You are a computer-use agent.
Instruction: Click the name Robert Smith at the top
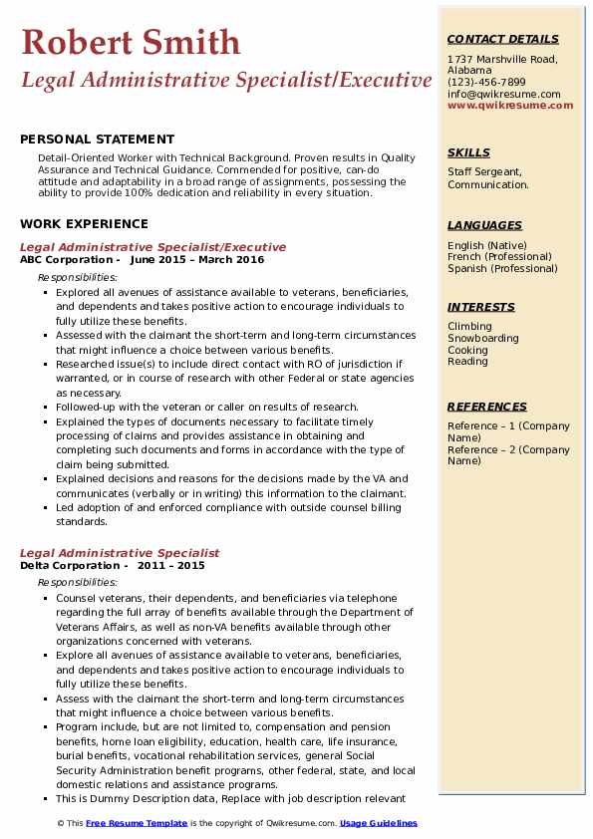click(131, 43)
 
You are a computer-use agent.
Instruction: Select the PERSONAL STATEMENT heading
click(97, 140)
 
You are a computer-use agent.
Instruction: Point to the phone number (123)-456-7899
click(486, 82)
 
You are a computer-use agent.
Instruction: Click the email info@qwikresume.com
click(503, 94)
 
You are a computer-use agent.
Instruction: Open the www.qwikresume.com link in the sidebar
click(510, 105)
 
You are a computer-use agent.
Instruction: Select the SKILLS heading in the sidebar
click(468, 152)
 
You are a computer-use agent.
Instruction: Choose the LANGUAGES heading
click(484, 225)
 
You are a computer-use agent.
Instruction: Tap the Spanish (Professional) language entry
click(502, 268)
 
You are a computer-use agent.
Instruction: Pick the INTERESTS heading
click(481, 307)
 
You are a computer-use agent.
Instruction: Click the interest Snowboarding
click(483, 339)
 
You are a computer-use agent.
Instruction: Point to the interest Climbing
click(469, 327)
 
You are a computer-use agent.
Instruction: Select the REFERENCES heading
click(487, 407)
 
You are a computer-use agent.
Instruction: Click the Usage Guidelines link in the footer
click(379, 823)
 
